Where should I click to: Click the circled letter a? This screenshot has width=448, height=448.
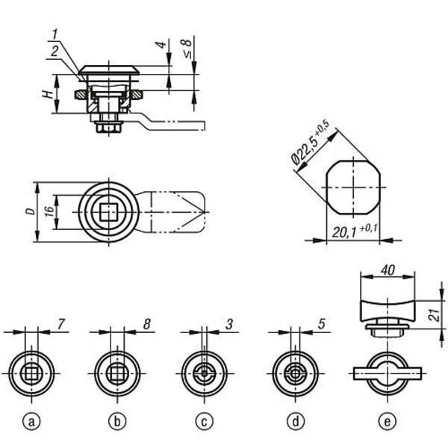click(x=31, y=421)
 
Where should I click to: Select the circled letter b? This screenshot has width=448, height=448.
click(x=117, y=421)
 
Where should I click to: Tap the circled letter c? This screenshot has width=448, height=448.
click(x=205, y=421)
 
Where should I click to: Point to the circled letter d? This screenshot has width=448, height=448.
click(x=296, y=421)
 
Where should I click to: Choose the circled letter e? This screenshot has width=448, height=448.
click(x=388, y=421)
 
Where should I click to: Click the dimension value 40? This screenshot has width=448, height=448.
click(x=388, y=270)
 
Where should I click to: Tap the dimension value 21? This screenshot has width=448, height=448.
click(x=435, y=315)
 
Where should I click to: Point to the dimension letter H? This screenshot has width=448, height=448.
click(x=48, y=94)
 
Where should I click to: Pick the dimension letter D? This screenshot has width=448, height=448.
click(x=31, y=211)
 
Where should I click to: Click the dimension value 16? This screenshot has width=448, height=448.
click(x=49, y=211)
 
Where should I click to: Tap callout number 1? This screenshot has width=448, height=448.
click(x=55, y=34)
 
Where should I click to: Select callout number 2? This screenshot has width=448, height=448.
click(x=55, y=52)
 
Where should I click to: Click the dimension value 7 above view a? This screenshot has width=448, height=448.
click(x=61, y=324)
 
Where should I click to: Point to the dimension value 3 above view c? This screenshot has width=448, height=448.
click(x=229, y=324)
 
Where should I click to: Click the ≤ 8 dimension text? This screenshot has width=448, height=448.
click(x=187, y=48)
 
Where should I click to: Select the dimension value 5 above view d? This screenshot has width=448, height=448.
click(x=321, y=324)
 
